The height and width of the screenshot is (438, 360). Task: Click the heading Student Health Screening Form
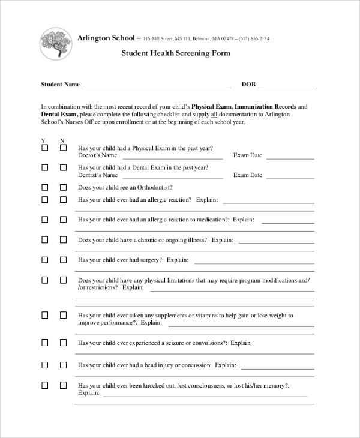176,53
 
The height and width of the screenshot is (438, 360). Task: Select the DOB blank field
286,85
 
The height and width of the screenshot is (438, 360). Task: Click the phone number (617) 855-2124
254,39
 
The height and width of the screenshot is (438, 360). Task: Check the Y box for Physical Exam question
44,148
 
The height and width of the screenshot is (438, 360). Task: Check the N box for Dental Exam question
63,168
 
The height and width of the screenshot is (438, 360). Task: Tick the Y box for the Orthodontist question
44,187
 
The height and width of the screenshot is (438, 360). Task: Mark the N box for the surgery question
63,260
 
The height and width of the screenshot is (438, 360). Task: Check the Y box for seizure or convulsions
44,343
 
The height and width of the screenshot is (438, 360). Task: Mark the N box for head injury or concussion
63,364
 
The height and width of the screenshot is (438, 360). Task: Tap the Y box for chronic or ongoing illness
44,239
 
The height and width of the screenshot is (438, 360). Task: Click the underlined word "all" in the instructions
213,114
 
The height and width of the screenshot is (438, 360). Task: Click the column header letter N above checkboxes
62,140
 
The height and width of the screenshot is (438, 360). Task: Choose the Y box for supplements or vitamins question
44,315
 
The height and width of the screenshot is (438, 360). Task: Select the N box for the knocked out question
63,385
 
